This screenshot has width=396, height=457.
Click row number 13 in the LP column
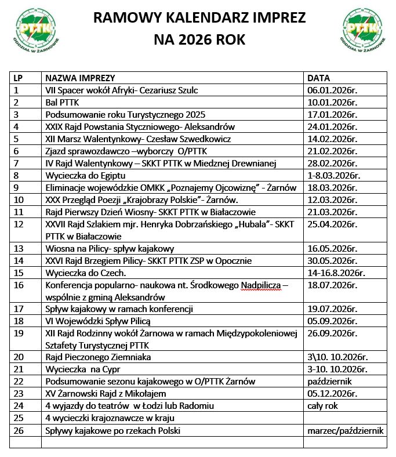[x=17, y=248]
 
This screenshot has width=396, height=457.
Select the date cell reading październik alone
[x=329, y=382]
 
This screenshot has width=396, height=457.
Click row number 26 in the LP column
[x=17, y=430]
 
